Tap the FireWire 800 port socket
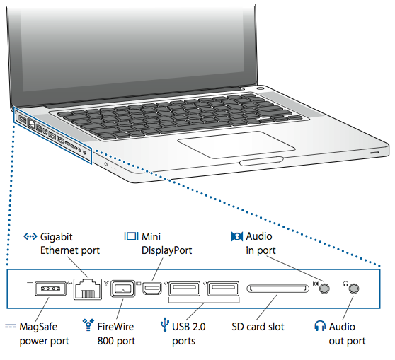pos(123,289)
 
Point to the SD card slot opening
pos(277,289)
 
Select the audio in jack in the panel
pos(325,288)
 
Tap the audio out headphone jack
pos(354,288)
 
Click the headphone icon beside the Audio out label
pos(320,327)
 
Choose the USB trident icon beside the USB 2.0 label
pos(164,326)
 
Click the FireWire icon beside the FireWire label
pos(89,326)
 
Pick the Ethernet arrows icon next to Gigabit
pos(30,236)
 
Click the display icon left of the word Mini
pos(131,236)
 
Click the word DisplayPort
pos(167,250)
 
